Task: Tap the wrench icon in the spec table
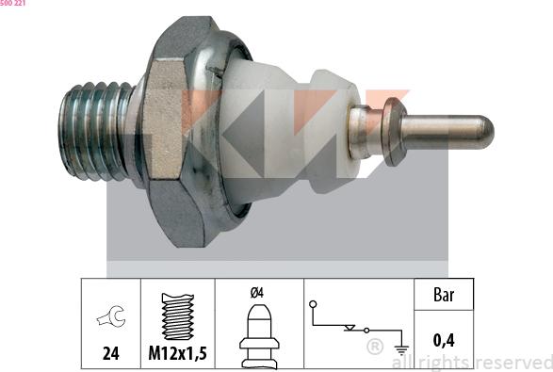click(110, 319)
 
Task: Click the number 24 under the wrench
click(110, 354)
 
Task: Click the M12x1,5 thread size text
click(177, 355)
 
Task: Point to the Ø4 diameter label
click(257, 293)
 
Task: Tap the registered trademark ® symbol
click(374, 348)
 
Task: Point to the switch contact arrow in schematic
click(351, 330)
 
